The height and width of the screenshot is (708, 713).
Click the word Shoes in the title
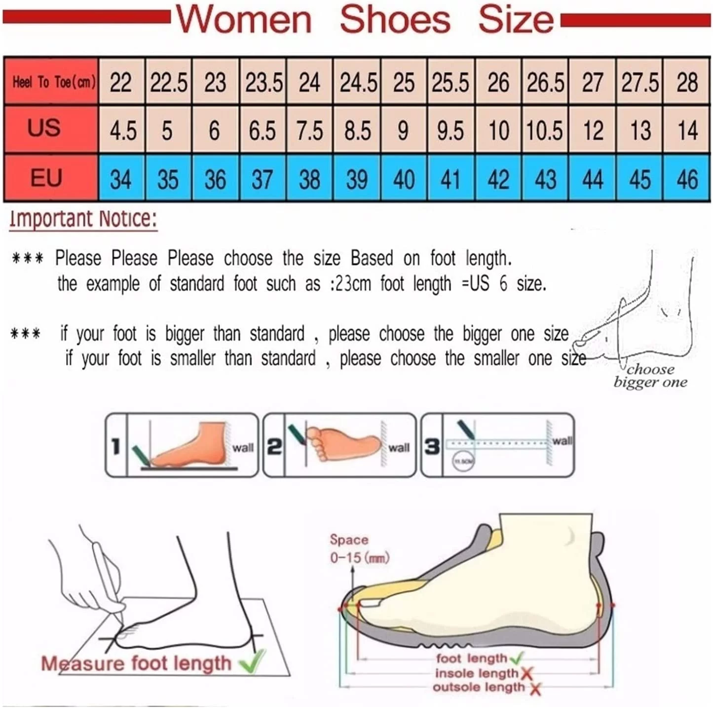395,20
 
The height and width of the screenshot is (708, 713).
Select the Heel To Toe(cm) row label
53,82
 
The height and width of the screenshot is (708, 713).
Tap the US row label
44,128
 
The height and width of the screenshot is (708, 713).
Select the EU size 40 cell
404,179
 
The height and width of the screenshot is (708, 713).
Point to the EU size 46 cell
687,179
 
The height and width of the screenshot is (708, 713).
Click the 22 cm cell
121,82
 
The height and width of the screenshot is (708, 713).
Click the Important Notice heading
83,219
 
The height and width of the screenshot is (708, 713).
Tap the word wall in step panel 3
563,440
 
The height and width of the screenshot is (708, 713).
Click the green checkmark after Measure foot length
252,662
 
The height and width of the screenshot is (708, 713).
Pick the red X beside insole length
526,673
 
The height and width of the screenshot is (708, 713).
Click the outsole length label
479,687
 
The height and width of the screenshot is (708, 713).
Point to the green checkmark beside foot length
516,658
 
